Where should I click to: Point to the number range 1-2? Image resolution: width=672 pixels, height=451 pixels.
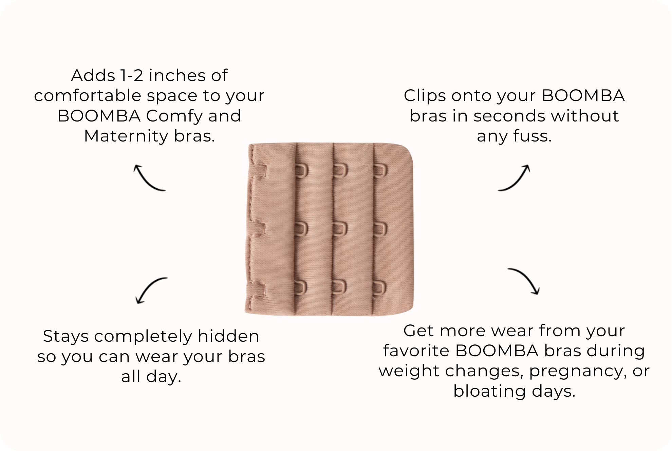[131, 75]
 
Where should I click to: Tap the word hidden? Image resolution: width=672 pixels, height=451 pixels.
[228, 336]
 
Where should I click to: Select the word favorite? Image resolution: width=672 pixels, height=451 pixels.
[416, 351]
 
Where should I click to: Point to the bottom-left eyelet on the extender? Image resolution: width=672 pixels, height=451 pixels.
[301, 288]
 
